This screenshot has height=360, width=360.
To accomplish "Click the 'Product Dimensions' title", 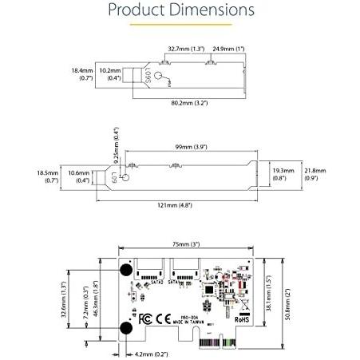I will tap(180, 11).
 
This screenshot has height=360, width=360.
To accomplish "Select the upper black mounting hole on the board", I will tap(126, 272).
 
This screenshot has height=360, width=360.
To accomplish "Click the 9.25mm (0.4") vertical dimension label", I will tap(116, 142).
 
